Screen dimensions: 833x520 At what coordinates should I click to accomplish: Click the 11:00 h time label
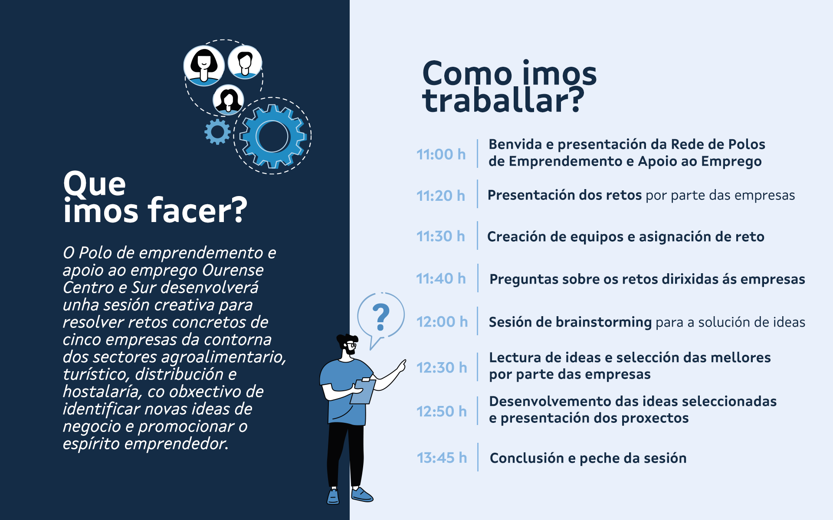point(441,154)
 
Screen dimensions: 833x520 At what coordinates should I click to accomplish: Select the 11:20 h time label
point(441,196)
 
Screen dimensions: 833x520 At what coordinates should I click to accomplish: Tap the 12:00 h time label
point(442,322)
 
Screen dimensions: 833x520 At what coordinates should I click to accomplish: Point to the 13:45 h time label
point(442,458)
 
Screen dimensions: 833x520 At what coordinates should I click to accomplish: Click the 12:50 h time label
point(442,411)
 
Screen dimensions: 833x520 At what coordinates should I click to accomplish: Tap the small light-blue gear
point(217,132)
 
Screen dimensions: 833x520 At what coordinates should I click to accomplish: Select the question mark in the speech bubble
point(381,317)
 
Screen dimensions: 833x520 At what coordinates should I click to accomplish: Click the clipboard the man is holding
point(362,391)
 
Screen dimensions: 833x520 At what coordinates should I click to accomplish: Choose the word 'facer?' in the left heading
point(197,210)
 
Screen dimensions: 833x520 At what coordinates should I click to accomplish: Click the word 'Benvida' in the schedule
point(515,144)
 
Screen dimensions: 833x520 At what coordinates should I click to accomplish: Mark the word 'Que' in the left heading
point(95,183)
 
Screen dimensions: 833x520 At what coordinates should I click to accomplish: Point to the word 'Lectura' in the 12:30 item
point(515,357)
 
